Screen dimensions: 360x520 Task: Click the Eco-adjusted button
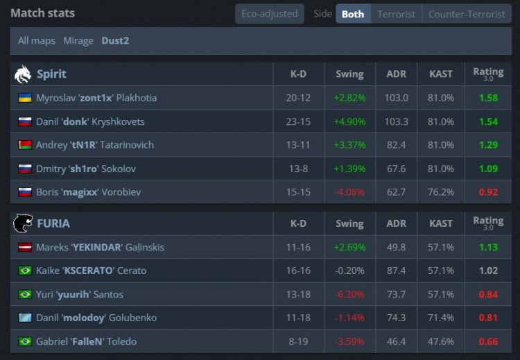269,14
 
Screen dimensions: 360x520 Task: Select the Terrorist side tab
396,14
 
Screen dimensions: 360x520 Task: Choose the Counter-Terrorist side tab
467,14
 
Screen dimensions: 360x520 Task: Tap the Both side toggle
353,14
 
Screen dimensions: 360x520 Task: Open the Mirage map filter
78,41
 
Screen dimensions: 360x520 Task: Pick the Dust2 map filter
115,41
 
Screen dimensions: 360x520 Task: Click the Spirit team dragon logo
23,74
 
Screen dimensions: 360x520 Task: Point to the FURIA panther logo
23,223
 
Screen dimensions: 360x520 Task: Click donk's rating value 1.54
488,121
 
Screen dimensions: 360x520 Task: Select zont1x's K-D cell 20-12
298,98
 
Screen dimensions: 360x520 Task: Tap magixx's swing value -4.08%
349,192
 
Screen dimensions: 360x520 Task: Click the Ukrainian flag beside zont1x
25,98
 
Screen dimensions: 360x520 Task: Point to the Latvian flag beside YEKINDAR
25,247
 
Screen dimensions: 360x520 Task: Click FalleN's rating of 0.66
488,341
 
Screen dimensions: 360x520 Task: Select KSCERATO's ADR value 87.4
396,271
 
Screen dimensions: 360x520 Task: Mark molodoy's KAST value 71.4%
441,318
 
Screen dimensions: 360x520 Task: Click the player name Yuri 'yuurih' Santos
79,294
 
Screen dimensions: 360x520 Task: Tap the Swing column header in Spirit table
349,74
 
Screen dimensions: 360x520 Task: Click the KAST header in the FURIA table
441,223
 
